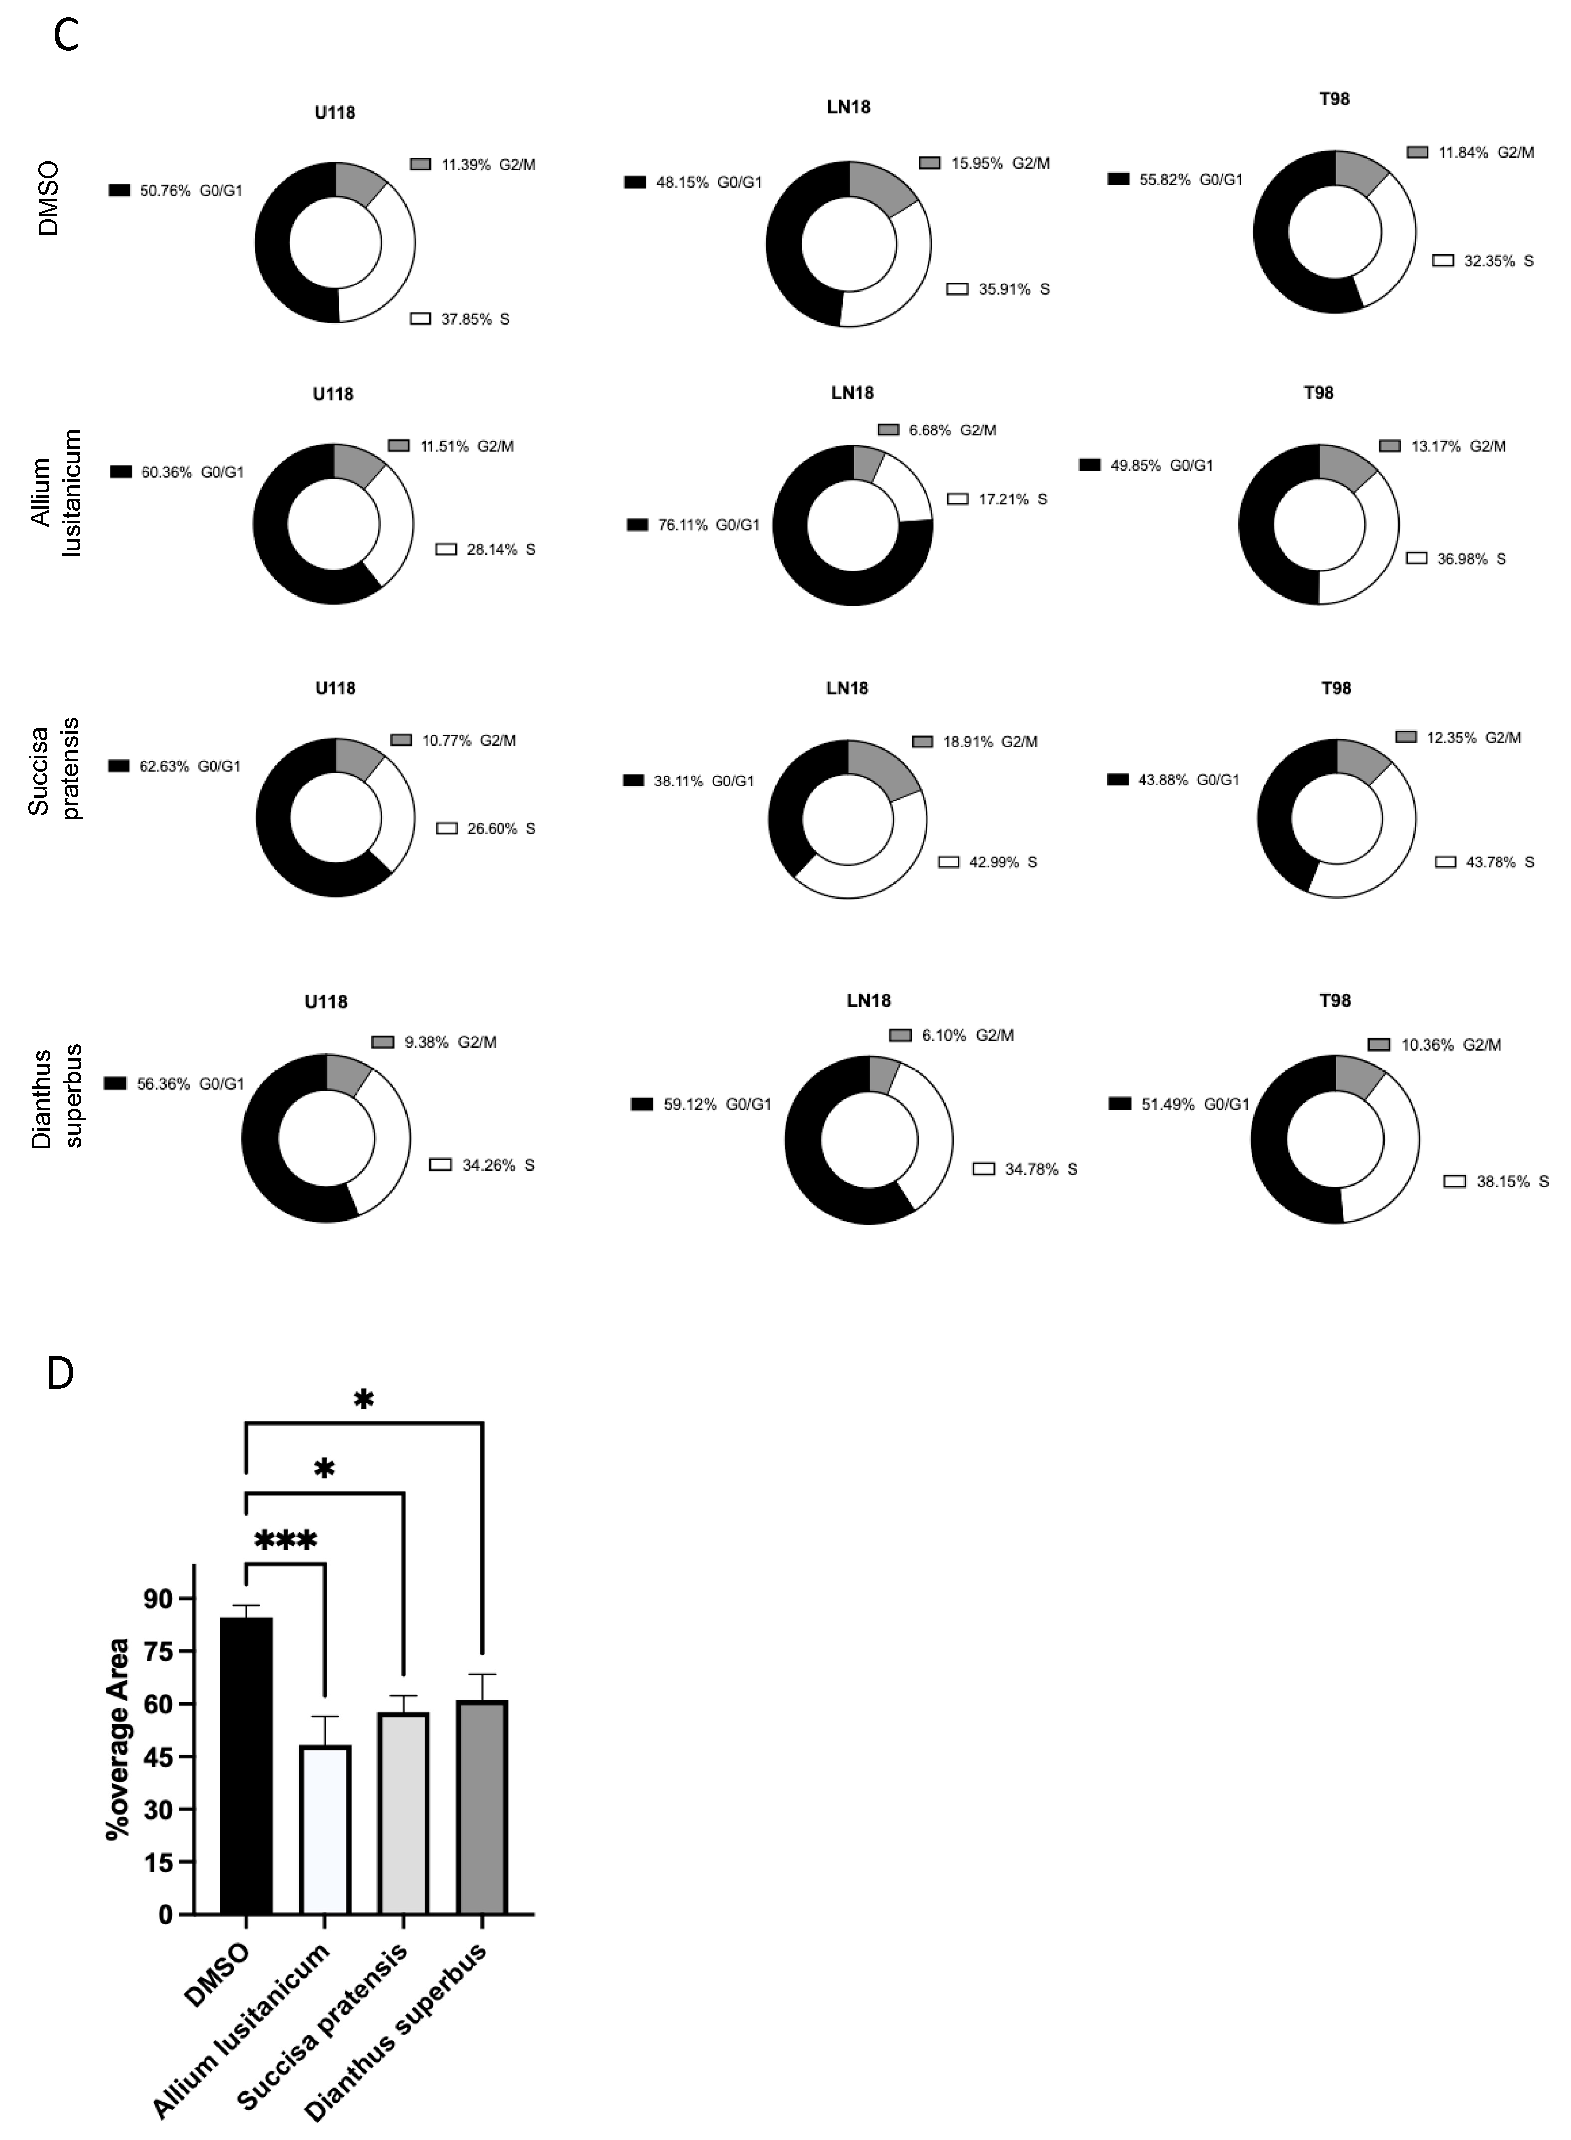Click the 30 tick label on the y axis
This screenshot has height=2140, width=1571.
tap(160, 1810)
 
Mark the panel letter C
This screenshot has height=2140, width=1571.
tap(66, 35)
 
